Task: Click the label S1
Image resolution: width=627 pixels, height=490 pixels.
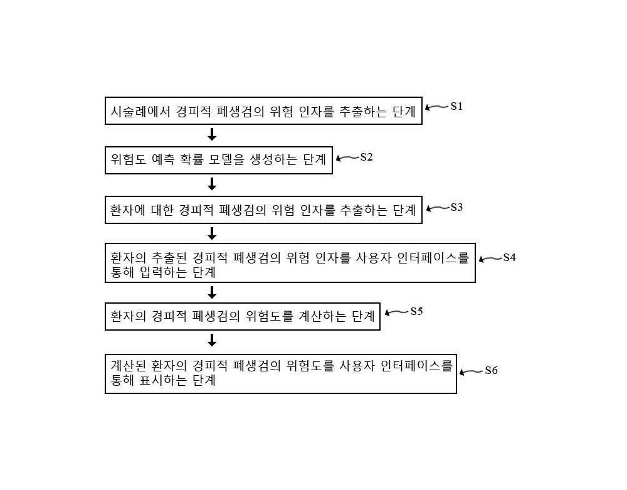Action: click(456, 106)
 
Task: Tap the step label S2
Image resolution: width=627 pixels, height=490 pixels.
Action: click(366, 157)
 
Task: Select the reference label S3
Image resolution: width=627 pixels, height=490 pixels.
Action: click(456, 207)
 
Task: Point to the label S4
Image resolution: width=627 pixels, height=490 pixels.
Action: click(509, 258)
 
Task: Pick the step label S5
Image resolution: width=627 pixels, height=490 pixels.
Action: click(417, 311)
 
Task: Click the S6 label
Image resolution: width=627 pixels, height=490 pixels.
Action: click(491, 370)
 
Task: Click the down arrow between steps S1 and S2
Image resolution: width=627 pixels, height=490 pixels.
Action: click(212, 134)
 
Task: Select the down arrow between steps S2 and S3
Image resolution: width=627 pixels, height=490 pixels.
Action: click(212, 184)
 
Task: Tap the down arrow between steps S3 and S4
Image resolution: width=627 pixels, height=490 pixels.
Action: click(212, 233)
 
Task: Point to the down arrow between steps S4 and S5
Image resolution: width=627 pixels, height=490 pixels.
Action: click(212, 292)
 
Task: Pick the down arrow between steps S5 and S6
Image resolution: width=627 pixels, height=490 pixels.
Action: click(212, 341)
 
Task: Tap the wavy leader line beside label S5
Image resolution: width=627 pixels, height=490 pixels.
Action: click(397, 312)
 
